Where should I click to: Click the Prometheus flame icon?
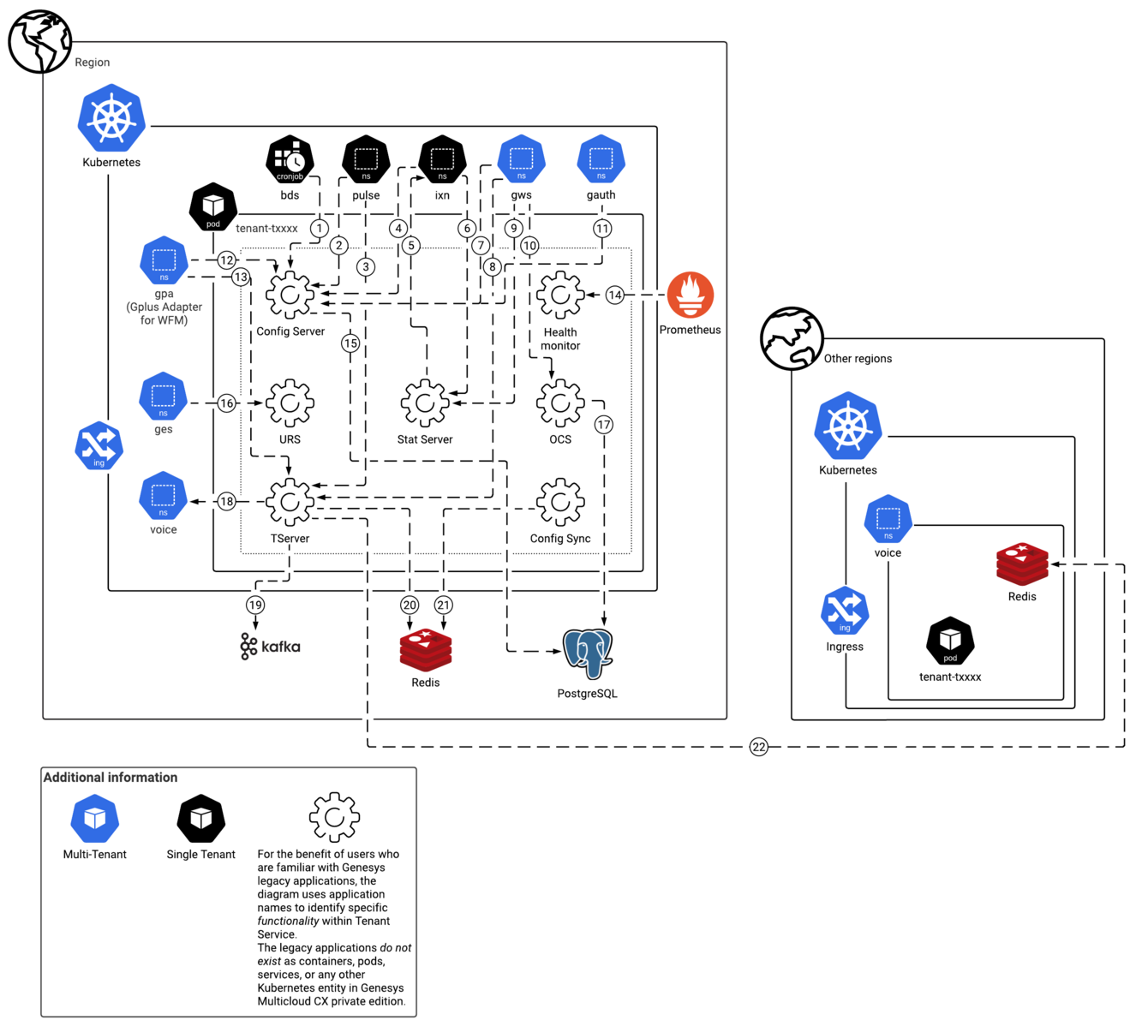point(690,295)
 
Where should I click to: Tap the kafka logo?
point(270,646)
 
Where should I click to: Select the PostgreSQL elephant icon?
point(587,653)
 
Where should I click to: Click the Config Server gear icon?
point(290,295)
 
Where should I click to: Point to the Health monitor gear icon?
point(560,295)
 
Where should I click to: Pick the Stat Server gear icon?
point(425,403)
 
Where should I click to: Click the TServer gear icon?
point(290,502)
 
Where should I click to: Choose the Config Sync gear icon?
point(560,502)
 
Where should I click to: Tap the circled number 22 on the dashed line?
point(759,747)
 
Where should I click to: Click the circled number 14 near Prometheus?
point(614,295)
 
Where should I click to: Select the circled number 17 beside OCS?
point(604,425)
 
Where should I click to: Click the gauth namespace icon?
point(601,159)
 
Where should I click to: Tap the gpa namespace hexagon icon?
point(164,260)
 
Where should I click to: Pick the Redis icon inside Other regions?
point(1022,564)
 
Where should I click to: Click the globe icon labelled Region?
point(39,41)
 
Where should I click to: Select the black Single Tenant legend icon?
point(201,818)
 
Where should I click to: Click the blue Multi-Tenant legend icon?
point(94,818)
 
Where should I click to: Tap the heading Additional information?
point(111,778)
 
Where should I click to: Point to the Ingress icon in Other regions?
point(845,611)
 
